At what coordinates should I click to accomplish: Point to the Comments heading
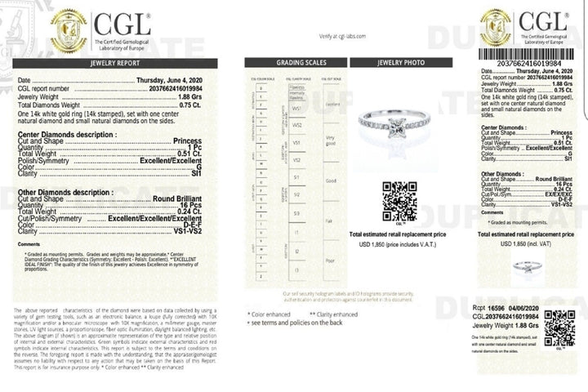click(x=29, y=244)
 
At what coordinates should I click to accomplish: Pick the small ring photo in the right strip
click(x=523, y=266)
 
